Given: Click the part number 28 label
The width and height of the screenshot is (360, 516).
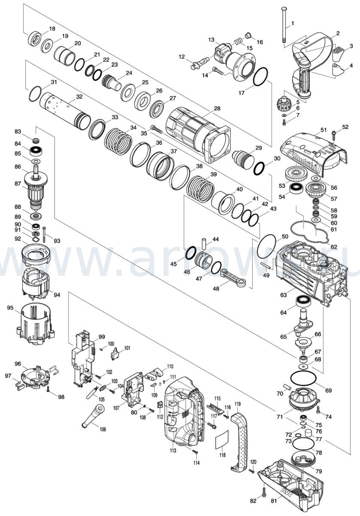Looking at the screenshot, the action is point(217,108).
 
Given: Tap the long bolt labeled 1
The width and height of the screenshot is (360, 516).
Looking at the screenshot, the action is point(284,24).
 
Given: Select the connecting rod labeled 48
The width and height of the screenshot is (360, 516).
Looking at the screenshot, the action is point(233,279).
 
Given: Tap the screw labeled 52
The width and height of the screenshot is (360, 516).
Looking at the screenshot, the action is point(333,136).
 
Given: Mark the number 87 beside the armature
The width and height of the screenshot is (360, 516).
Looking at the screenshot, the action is point(18,184).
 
